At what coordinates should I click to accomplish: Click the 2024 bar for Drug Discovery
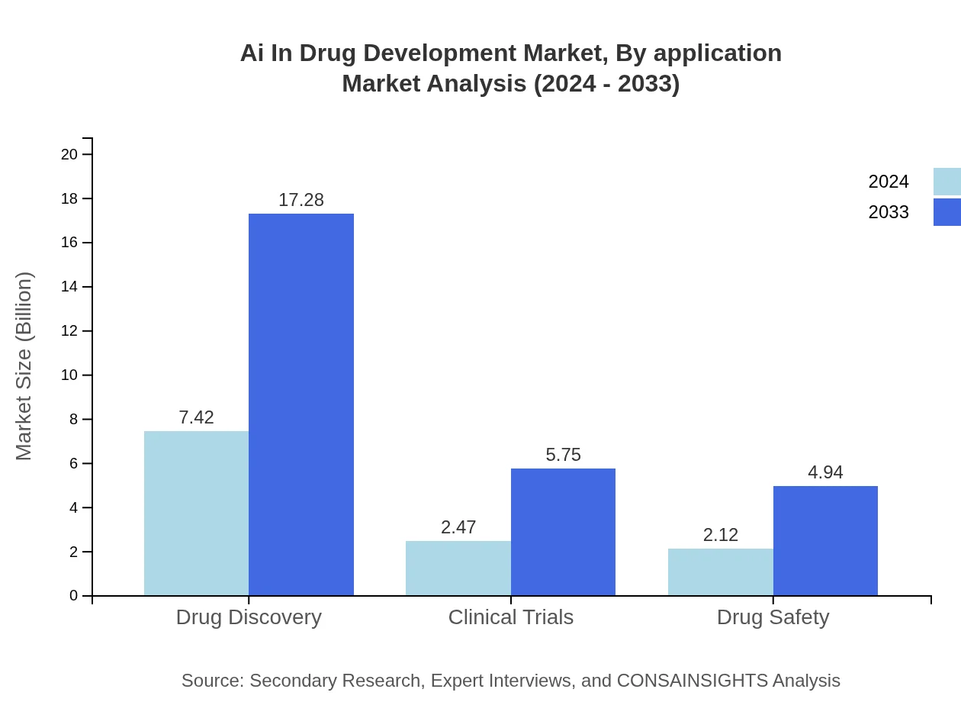196,513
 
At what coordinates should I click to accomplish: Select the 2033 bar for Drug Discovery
301,404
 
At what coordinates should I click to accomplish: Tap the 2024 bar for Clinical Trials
458,568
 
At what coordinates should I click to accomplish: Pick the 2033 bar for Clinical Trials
563,532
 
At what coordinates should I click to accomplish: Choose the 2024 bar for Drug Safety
720,572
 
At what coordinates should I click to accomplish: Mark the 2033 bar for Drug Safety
825,540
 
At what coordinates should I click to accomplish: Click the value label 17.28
301,200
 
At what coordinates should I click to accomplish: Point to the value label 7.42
196,417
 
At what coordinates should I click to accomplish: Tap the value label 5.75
563,455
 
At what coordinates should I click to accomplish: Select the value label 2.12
720,535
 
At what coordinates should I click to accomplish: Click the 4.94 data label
825,472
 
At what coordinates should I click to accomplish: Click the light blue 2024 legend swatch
947,182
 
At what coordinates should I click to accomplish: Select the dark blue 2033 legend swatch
947,212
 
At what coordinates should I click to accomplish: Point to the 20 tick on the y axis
69,154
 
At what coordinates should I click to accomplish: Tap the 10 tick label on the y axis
69,375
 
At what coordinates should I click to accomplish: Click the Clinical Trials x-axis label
510,617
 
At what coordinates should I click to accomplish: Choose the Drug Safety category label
773,617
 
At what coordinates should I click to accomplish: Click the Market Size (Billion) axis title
24,366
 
